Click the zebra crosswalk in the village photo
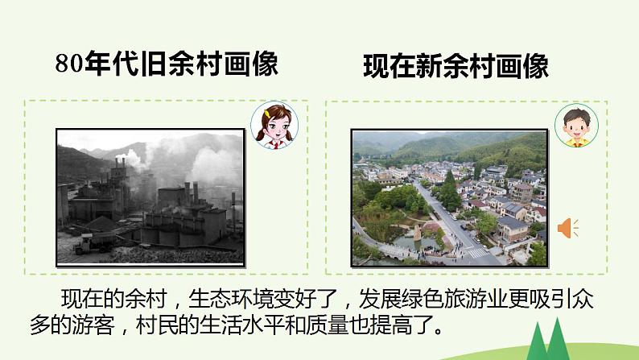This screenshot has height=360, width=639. pyautogui.click(x=476, y=251)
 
